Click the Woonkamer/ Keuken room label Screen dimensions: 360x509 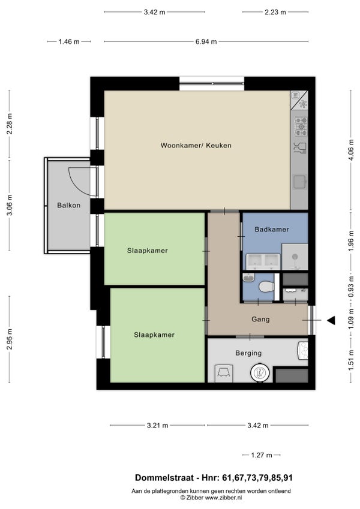pos(196,146)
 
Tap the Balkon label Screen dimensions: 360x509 pos(68,205)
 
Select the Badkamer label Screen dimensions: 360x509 pos(272,229)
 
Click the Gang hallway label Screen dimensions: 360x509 pos(260,320)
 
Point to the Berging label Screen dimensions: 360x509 pos(248,353)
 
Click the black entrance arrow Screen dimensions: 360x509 pos(331,320)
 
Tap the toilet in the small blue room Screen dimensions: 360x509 pos(266,287)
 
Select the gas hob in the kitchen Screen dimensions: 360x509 pos(301,127)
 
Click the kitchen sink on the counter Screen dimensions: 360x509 pos(300,182)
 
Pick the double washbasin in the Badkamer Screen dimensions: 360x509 pos(263,261)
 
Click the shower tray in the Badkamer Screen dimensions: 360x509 pos(295,257)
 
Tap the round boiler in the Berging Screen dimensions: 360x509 pos(260,372)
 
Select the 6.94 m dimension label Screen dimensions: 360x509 pos(206,41)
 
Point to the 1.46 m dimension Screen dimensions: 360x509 pos(69,41)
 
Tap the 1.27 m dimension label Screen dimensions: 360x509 pos(261,455)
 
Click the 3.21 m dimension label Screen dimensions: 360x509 pos(158,425)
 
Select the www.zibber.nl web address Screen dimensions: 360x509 pos(223,498)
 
